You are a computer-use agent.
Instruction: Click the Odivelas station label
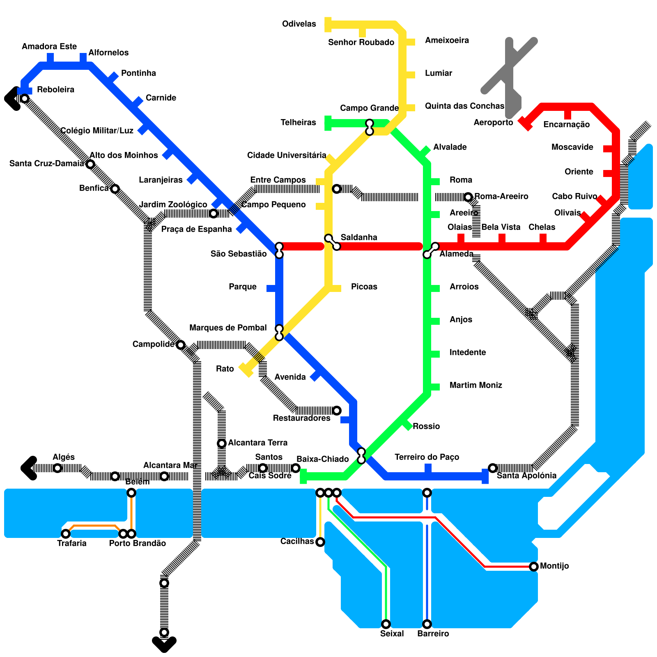coord(299,24)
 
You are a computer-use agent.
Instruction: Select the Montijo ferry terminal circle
coord(534,567)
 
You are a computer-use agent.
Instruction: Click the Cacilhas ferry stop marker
coord(320,542)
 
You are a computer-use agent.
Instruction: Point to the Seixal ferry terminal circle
coord(386,624)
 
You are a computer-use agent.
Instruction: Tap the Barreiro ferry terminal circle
coord(427,624)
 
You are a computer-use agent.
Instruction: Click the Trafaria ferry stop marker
coord(66,534)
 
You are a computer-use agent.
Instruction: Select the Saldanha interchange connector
coord(332,242)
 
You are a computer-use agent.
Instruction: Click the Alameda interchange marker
coord(431,250)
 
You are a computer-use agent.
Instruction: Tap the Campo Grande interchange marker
coord(370,127)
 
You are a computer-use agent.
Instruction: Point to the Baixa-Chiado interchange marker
coord(361,456)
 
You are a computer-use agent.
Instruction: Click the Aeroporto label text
coord(493,122)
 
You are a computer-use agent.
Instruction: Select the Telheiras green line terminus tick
coord(328,123)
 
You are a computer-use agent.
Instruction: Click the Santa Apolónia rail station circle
coord(493,468)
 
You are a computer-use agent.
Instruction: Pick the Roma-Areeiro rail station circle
coord(468,197)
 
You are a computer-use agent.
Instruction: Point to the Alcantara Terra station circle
coord(222,443)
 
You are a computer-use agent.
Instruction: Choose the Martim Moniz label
coord(476,385)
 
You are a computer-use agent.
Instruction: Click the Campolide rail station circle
coord(181,345)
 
